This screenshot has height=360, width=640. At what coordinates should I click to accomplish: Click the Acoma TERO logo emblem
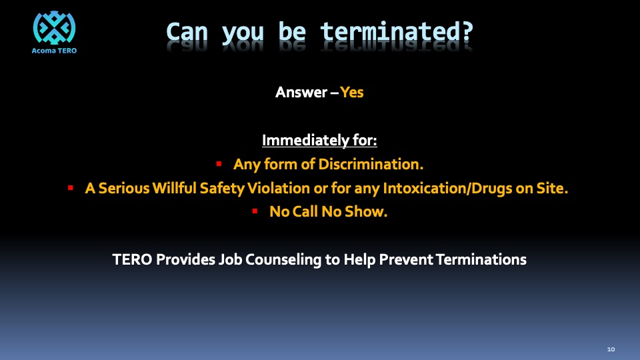point(54,27)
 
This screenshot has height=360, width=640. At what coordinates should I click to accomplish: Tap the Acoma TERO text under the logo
point(54,51)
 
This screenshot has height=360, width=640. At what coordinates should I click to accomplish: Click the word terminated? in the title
point(397,32)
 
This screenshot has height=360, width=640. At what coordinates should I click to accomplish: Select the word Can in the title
point(187,32)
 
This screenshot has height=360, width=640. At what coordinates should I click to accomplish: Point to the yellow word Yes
point(352,92)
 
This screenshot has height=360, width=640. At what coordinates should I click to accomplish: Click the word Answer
point(301,92)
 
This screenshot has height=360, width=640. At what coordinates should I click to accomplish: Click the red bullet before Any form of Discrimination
point(219,164)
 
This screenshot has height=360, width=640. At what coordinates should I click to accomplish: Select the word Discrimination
point(371,164)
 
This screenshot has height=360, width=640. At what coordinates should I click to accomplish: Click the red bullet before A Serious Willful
point(71,188)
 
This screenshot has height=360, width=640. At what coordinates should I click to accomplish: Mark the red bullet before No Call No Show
point(255,211)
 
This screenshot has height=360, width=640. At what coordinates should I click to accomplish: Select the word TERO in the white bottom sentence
point(132,259)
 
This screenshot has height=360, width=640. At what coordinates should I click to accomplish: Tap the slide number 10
point(611,349)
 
